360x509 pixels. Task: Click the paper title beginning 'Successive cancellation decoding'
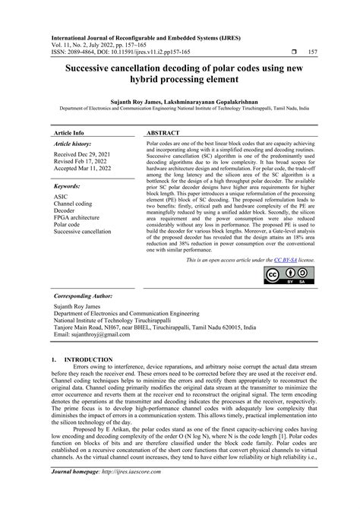pyautogui.click(x=180, y=76)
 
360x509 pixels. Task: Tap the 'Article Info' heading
pyautogui.click(x=69, y=132)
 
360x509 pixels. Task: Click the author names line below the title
pyautogui.click(x=180, y=99)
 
